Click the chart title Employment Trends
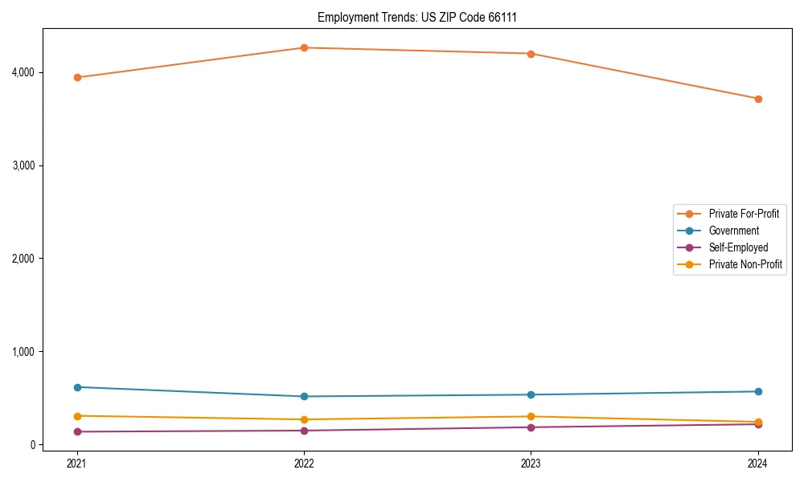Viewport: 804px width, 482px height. pyautogui.click(x=423, y=17)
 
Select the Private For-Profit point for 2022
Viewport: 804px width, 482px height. pyautogui.click(x=304, y=48)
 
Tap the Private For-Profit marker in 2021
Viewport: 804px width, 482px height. pyautogui.click(x=77, y=78)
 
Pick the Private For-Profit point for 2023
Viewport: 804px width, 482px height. pyautogui.click(x=531, y=54)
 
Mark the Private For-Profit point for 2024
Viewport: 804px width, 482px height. pyautogui.click(x=758, y=99)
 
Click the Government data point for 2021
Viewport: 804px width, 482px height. pyautogui.click(x=77, y=387)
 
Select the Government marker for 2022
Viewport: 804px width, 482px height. pyautogui.click(x=304, y=396)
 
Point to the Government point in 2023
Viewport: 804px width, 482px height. pyautogui.click(x=531, y=394)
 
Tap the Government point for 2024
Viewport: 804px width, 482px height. pyautogui.click(x=758, y=391)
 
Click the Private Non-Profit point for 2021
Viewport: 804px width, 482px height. pyautogui.click(x=77, y=416)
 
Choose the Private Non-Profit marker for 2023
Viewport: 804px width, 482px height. pyautogui.click(x=531, y=417)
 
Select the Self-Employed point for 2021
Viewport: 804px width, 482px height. pyautogui.click(x=77, y=431)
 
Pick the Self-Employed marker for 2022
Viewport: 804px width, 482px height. pyautogui.click(x=304, y=431)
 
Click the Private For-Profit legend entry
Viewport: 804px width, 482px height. pyautogui.click(x=743, y=214)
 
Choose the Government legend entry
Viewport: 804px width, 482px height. pyautogui.click(x=733, y=231)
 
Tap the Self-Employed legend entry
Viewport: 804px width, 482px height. pyautogui.click(x=738, y=247)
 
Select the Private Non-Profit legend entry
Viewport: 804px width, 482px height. pyautogui.click(x=745, y=264)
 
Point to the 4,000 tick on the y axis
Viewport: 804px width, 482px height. pyautogui.click(x=23, y=72)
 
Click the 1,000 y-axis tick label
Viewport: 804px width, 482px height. pyautogui.click(x=23, y=352)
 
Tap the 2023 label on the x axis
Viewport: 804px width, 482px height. pyautogui.click(x=531, y=463)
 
